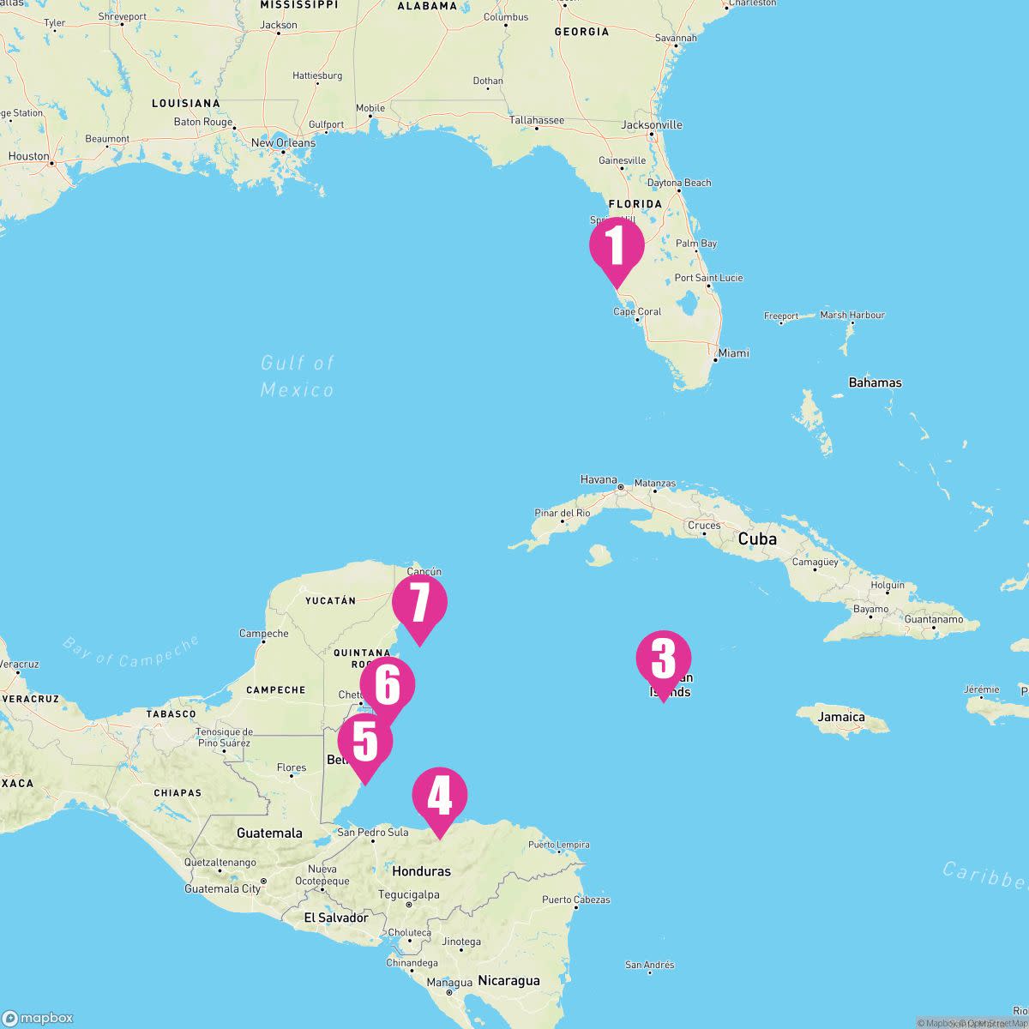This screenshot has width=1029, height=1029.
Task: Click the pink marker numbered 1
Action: (x=617, y=246)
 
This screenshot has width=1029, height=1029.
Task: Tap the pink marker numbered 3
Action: (x=663, y=659)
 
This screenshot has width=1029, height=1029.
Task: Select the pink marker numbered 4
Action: (x=440, y=796)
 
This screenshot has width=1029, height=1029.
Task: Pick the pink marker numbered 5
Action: (x=365, y=742)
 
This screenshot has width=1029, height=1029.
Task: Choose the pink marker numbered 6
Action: (x=388, y=686)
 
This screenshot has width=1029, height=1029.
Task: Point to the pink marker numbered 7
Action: (x=419, y=603)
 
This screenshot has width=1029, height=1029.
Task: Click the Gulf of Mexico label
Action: (x=298, y=376)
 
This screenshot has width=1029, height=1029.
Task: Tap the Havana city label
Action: (x=599, y=480)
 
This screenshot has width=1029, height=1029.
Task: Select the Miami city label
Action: (x=733, y=353)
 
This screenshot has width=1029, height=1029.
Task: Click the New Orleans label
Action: (x=283, y=143)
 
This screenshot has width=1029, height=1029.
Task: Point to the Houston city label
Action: (x=29, y=157)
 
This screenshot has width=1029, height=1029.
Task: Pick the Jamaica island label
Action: (x=841, y=717)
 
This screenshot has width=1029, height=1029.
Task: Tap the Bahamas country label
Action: (x=875, y=382)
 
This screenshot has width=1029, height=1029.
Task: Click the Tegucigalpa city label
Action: (x=409, y=894)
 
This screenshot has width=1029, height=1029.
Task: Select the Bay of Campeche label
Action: (x=130, y=651)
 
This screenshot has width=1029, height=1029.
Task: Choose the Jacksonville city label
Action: (x=652, y=125)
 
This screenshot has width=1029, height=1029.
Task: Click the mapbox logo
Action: (x=38, y=1018)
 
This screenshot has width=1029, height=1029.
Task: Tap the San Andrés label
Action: (x=649, y=966)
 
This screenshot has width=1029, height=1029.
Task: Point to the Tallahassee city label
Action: (x=537, y=121)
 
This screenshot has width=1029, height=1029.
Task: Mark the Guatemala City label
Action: (x=222, y=889)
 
